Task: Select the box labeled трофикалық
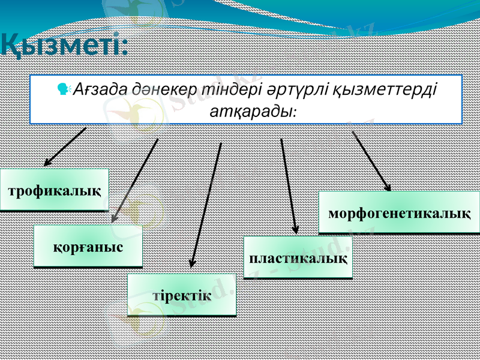click(x=54, y=190)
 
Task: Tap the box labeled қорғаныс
click(x=88, y=246)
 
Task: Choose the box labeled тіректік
click(x=182, y=295)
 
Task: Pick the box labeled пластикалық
click(x=298, y=258)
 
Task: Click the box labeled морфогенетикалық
click(x=399, y=212)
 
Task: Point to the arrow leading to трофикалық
click(x=65, y=146)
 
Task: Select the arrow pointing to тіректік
click(x=206, y=204)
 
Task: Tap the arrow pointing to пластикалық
click(x=289, y=186)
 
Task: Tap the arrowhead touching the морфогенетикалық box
click(x=388, y=187)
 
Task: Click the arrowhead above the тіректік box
click(x=192, y=262)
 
